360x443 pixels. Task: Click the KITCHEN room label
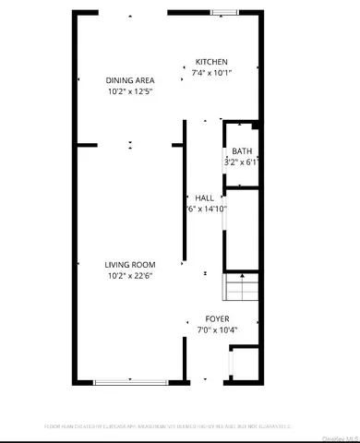pyautogui.click(x=211, y=63)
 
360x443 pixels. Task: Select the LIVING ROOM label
pyautogui.click(x=129, y=265)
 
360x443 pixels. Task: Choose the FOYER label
pyautogui.click(x=218, y=318)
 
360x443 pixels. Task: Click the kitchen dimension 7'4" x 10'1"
pyautogui.click(x=211, y=74)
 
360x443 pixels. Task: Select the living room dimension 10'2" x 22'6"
pyautogui.click(x=129, y=276)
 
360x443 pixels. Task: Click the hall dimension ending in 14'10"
pyautogui.click(x=205, y=210)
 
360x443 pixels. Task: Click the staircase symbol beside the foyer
pyautogui.click(x=240, y=289)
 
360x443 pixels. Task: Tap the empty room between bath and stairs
pyautogui.click(x=242, y=228)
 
